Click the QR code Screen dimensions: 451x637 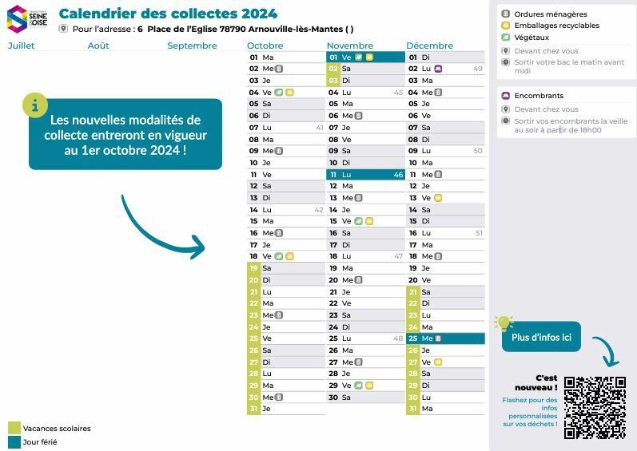click(x=595, y=407)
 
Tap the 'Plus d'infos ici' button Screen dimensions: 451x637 click(x=541, y=337)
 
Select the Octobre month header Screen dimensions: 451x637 click(x=265, y=45)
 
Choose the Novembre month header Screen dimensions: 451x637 click(x=350, y=45)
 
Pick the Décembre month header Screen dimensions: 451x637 click(x=429, y=45)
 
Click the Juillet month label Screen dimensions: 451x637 click(x=22, y=45)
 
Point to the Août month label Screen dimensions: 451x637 click(x=98, y=45)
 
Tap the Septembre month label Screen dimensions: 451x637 click(x=192, y=45)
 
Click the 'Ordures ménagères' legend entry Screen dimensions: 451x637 click(x=550, y=14)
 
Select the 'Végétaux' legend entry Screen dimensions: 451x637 click(x=531, y=37)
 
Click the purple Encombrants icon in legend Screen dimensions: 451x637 click(x=505, y=96)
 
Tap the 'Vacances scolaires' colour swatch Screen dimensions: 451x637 click(x=14, y=429)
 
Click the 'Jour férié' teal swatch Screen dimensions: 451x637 click(x=14, y=441)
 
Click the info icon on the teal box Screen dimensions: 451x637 click(x=34, y=105)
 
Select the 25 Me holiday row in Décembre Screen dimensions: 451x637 click(x=445, y=338)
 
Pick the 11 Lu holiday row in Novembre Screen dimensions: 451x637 click(x=366, y=174)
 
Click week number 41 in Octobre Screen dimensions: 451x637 click(x=320, y=128)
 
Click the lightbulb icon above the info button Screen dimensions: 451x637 click(x=503, y=322)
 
